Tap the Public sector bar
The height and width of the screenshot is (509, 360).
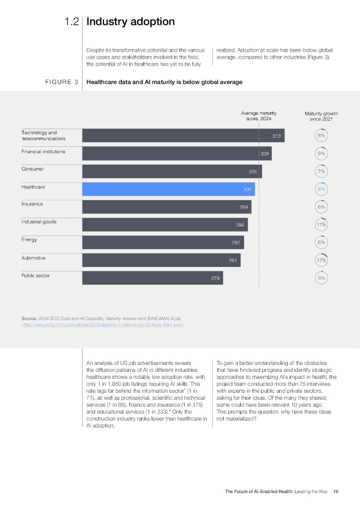click(x=152, y=278)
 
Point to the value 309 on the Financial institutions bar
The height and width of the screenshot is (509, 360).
click(x=265, y=154)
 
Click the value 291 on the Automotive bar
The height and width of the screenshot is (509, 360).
click(x=233, y=260)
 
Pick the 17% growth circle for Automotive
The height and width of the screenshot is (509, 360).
click(x=321, y=260)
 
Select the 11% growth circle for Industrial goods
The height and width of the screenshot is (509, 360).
click(x=321, y=225)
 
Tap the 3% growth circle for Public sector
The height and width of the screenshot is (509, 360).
click(x=321, y=278)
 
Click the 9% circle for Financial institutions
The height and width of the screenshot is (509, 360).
click(x=321, y=154)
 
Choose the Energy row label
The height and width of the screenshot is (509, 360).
click(x=29, y=240)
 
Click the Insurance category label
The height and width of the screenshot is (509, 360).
click(x=32, y=204)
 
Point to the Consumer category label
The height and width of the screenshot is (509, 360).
click(x=32, y=169)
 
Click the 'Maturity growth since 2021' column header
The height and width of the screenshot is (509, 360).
click(x=321, y=116)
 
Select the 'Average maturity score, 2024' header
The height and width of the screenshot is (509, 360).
click(x=259, y=116)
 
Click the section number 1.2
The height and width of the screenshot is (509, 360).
click(x=71, y=22)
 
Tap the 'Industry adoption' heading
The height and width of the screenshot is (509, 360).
click(x=130, y=22)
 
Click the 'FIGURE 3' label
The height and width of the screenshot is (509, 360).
click(x=61, y=83)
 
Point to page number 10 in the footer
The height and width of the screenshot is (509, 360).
click(x=336, y=492)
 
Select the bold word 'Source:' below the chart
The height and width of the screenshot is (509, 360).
click(x=29, y=318)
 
